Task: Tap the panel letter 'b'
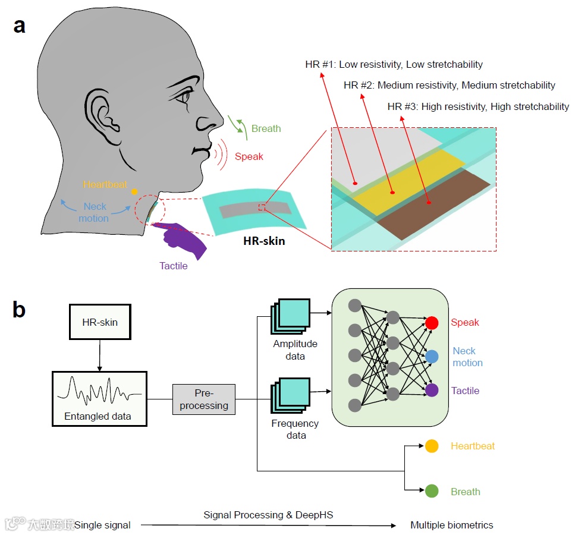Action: [20, 309]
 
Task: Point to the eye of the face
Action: [186, 95]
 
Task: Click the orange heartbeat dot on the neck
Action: [135, 191]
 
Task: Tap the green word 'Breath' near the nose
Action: [266, 128]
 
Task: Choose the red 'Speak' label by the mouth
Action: [249, 157]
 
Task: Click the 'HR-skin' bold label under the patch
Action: [264, 242]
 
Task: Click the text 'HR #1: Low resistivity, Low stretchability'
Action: [394, 64]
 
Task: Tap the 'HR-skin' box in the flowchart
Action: [99, 322]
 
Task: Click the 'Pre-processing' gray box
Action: [204, 399]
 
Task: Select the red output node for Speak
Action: [432, 323]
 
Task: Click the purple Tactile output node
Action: [432, 391]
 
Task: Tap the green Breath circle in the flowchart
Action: [432, 492]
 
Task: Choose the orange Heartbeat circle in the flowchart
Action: [432, 446]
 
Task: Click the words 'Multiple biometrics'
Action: [451, 525]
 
